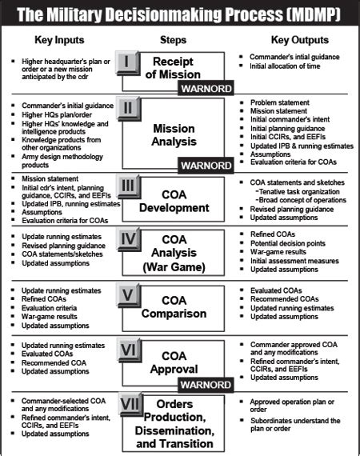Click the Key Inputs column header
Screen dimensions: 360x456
coord(61,39)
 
